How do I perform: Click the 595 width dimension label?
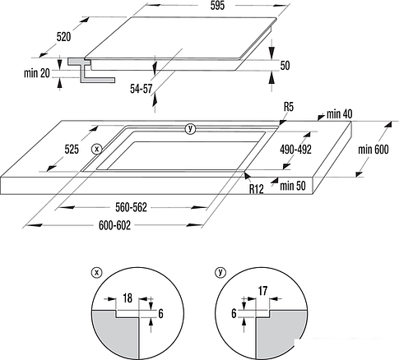tap(217, 6)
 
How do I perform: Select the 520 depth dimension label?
tap(63, 37)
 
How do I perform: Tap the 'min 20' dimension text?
tap(37, 73)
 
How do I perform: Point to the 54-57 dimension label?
tap(142, 89)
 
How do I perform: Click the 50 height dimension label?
tap(285, 66)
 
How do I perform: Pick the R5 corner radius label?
tap(289, 107)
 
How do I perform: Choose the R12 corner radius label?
tap(257, 189)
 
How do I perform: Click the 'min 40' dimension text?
tap(339, 114)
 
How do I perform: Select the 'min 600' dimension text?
tap(373, 150)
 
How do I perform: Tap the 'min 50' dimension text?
tap(293, 186)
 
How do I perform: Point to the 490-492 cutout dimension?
tap(295, 150)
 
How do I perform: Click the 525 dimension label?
tap(72, 150)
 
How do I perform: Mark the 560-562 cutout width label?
tap(131, 207)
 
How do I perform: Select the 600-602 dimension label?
tap(114, 225)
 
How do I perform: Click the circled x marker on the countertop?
tap(96, 150)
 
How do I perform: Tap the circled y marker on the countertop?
tap(190, 129)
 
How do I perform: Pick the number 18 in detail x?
tap(128, 298)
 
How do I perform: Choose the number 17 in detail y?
tap(262, 291)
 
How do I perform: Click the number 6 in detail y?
tap(234, 313)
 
